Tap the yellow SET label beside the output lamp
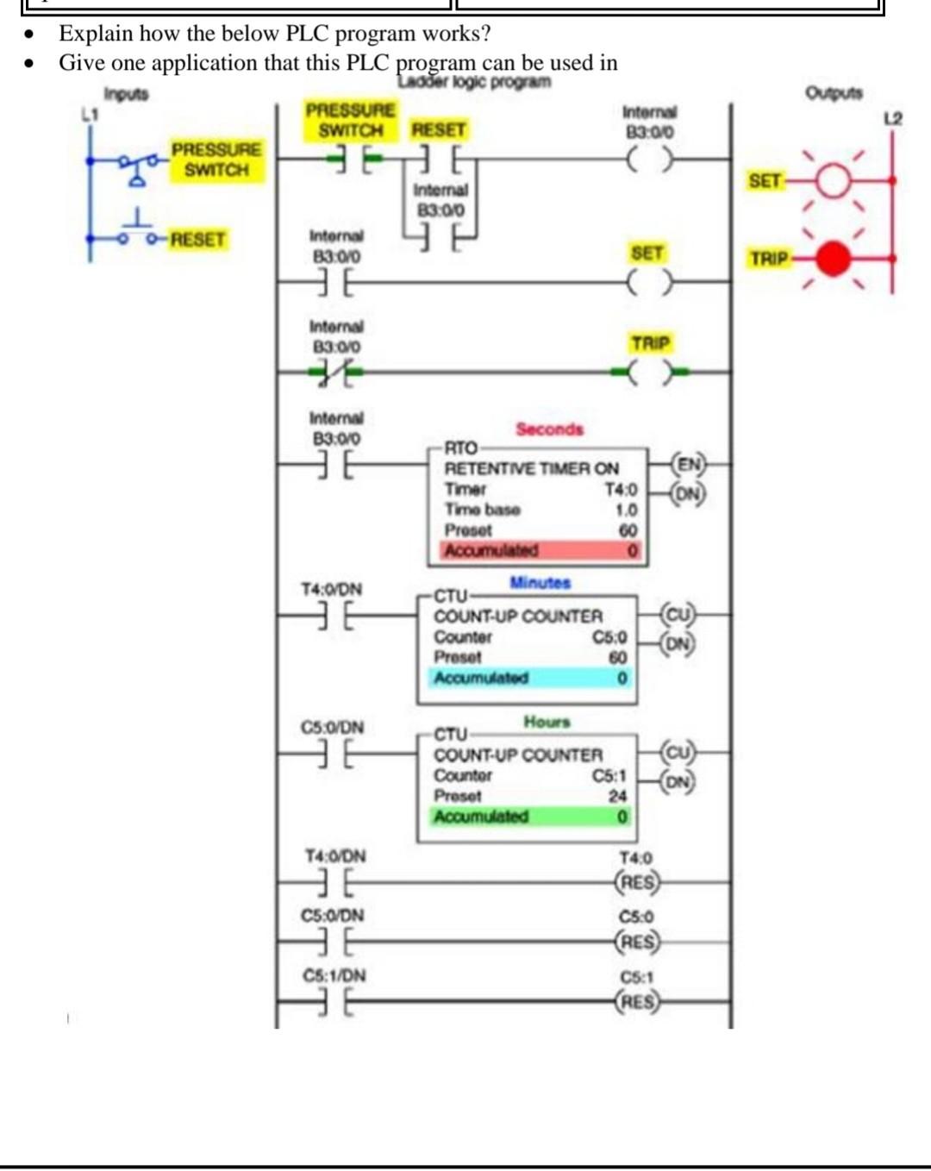coord(765,181)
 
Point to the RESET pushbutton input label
coord(197,239)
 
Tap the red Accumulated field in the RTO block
coord(541,550)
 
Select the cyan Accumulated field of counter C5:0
coord(531,678)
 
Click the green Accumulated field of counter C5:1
coord(531,816)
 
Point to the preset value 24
coord(617,796)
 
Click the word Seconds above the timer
coord(549,429)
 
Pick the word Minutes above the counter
coord(540,583)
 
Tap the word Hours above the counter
coord(547,722)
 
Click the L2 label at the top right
coord(893,118)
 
